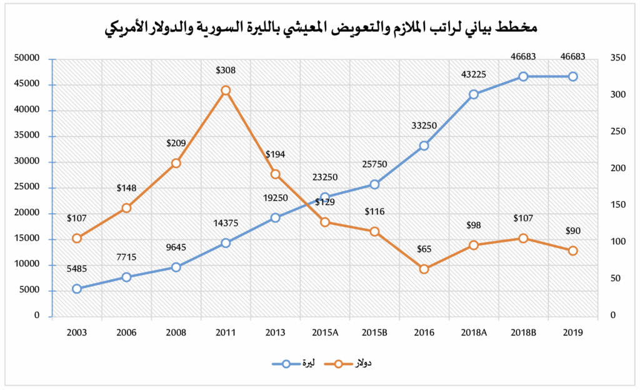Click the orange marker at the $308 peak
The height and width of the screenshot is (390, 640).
tap(226, 90)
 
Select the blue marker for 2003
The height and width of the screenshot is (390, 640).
tap(77, 289)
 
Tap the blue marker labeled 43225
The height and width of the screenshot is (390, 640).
tap(474, 94)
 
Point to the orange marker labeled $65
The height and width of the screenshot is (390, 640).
tap(424, 269)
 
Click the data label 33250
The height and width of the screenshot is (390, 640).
tap(424, 126)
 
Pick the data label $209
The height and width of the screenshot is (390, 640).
tap(176, 143)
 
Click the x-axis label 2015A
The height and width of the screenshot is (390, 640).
tap(325, 333)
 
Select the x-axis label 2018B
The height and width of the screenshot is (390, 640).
tap(523, 333)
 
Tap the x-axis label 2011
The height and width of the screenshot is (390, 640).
tap(226, 333)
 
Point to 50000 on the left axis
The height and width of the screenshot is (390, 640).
tap(28, 59)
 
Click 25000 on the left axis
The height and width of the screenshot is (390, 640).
tap(28, 187)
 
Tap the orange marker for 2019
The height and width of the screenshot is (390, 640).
tap(572, 251)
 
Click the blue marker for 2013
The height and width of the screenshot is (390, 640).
tap(275, 217)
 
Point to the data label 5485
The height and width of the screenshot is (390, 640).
tap(77, 269)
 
